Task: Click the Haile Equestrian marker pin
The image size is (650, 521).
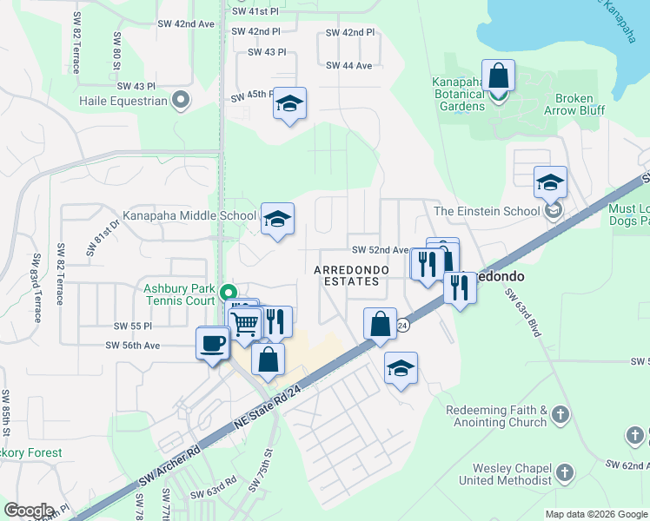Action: pos(182,100)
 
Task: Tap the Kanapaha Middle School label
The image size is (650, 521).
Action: pos(189,215)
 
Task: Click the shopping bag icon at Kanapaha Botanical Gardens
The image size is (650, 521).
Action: pos(498,76)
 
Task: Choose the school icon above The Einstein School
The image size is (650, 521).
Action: pos(550,182)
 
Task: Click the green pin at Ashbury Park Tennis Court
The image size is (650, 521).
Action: pos(228,293)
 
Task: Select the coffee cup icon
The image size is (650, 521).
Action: pos(213,344)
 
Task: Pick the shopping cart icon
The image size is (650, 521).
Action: pos(245,324)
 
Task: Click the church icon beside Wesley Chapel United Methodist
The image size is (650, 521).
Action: pos(565,473)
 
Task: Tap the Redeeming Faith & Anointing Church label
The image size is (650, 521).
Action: pos(496,416)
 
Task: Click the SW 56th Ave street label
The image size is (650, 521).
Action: pos(133,345)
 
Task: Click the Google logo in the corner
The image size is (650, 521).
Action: pos(29,511)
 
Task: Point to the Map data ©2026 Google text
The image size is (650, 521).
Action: pos(595,514)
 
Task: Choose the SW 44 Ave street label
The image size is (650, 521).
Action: pos(348,66)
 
